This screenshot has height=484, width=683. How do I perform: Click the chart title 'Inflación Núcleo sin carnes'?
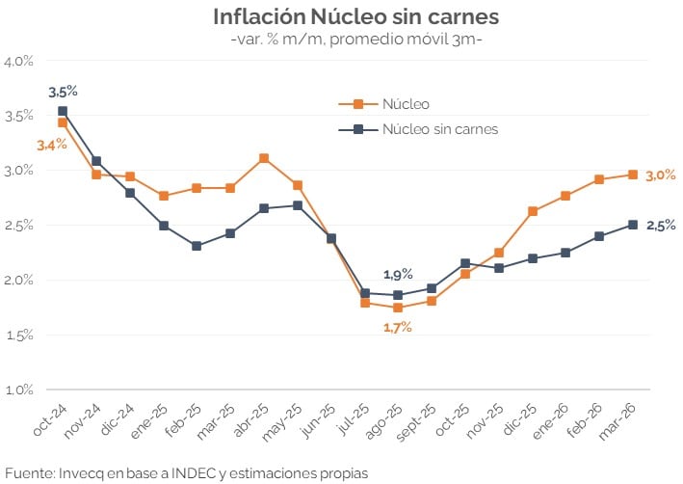(341, 17)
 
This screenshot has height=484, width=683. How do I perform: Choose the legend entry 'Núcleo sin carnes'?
(439, 128)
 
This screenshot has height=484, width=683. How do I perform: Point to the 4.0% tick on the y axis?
(18, 61)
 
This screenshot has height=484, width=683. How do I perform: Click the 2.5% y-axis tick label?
(18, 226)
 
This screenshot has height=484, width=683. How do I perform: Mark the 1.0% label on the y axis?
(18, 390)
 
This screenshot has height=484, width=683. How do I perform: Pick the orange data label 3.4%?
(51, 145)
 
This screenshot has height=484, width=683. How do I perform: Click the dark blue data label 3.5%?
(63, 92)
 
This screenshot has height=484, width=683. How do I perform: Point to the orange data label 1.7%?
(397, 327)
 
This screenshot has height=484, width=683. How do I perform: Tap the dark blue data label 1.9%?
(397, 275)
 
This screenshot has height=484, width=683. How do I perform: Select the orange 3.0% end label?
(661, 175)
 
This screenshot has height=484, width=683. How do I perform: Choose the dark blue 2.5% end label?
(661, 225)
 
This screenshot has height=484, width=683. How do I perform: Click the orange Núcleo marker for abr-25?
(264, 158)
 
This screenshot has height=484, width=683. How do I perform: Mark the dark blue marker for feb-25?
(197, 246)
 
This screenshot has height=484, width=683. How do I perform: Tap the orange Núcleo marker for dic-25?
(533, 211)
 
